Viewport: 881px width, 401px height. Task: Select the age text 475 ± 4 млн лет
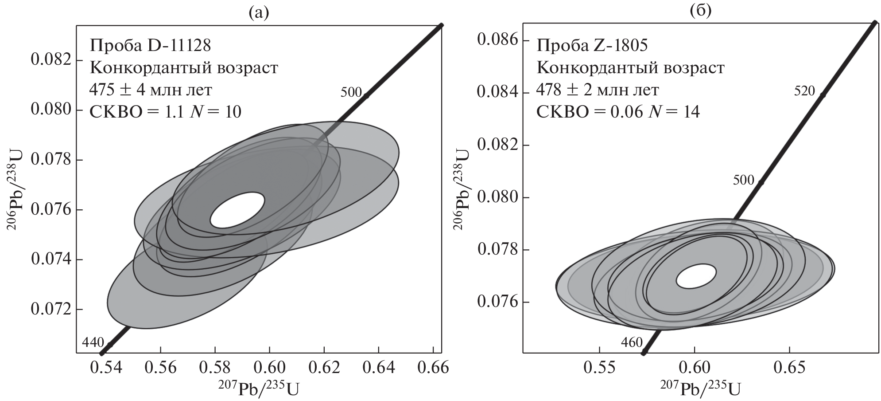151,90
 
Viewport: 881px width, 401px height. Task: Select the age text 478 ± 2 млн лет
598,90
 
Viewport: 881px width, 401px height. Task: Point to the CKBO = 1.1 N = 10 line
165,112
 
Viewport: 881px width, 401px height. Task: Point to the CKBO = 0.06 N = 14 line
618,112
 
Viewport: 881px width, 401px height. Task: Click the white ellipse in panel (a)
237,210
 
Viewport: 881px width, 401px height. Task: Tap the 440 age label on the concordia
93,342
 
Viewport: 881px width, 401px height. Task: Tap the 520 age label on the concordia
804,91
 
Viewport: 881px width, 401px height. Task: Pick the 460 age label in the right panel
631,343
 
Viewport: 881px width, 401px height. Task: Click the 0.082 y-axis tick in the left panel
51,60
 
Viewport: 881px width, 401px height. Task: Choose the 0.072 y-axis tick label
51,309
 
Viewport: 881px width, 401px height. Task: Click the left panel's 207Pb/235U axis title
258,389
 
